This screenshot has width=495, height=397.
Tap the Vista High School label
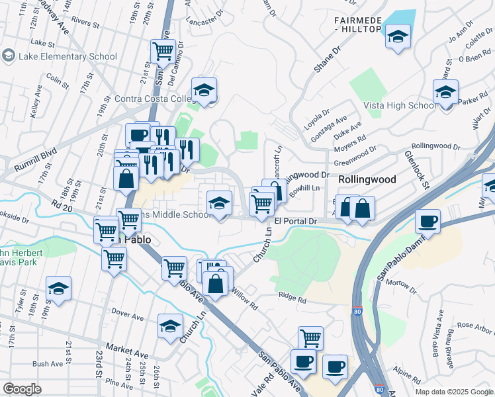(399, 105)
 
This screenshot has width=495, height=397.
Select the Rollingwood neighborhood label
(367, 179)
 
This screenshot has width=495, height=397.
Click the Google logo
(22, 389)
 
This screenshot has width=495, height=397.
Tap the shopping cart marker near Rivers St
(162, 50)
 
